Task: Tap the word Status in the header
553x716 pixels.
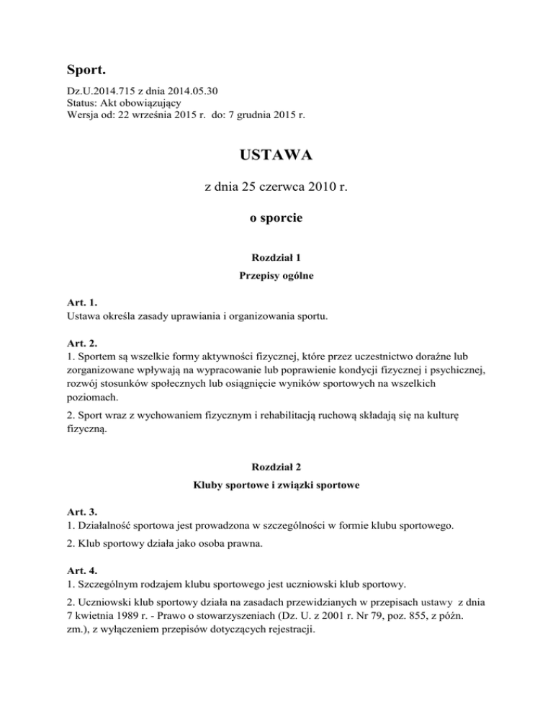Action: coord(78,103)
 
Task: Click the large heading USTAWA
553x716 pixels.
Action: coord(276,156)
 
